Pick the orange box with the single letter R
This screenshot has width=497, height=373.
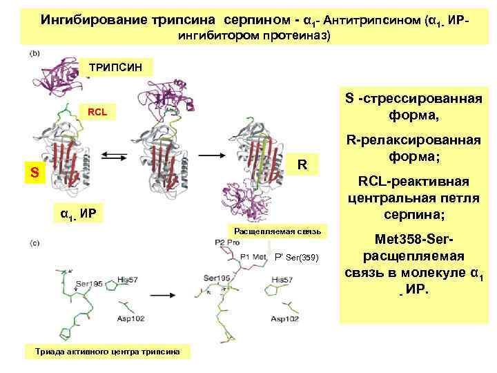pos(301,165)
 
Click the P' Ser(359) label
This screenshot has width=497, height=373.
pos(296,258)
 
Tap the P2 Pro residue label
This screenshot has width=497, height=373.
pos(227,242)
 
